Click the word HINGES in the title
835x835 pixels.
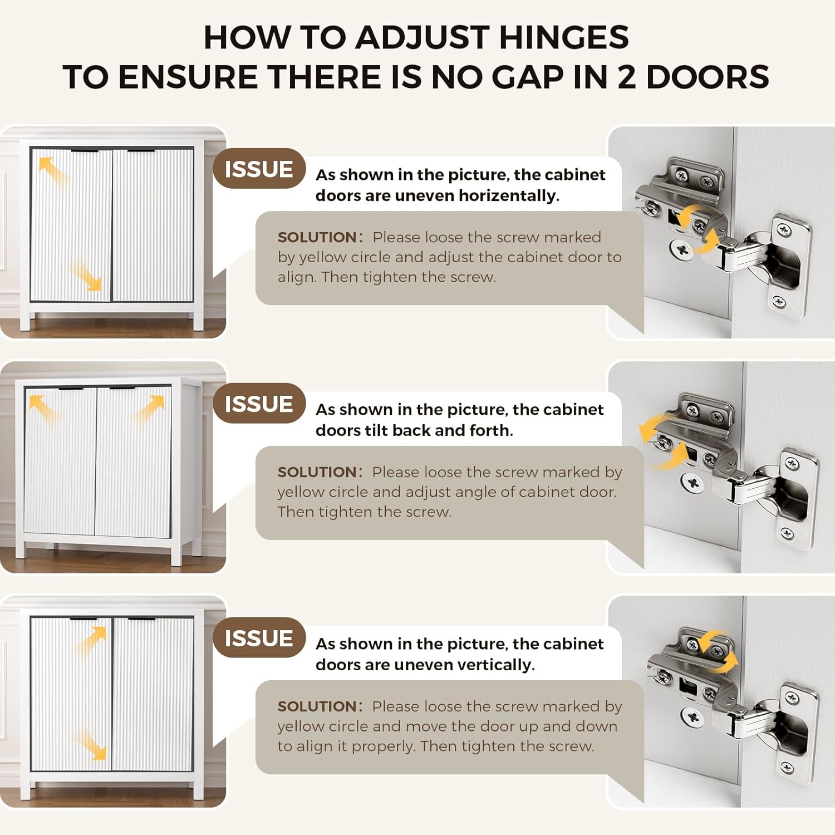click(564, 37)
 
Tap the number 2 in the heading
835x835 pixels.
click(626, 77)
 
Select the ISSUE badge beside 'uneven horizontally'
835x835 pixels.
click(259, 169)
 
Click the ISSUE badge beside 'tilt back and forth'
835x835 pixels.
click(259, 404)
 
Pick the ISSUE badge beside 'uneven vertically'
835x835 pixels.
click(259, 638)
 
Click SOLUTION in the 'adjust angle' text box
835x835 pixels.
click(317, 472)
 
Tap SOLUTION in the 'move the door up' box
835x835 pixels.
click(317, 706)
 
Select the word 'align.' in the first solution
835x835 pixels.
click(297, 277)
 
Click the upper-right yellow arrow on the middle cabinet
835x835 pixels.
click(149, 410)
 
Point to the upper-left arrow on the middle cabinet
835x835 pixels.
click(45, 410)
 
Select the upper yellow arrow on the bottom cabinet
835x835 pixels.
click(91, 641)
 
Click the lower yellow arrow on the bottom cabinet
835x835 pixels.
click(90, 744)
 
